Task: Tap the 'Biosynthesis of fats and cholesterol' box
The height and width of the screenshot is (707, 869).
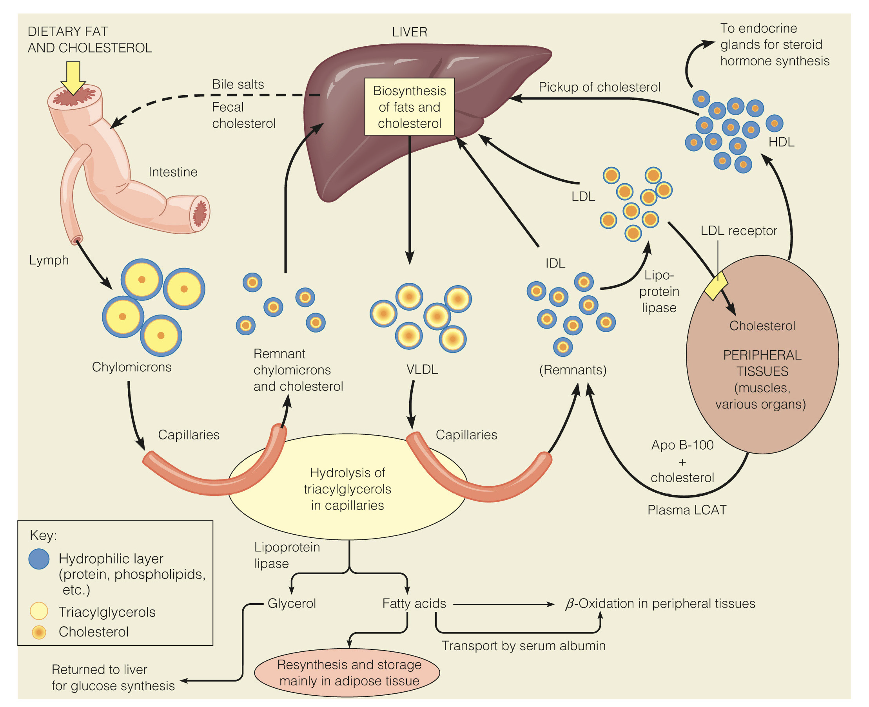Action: (x=409, y=107)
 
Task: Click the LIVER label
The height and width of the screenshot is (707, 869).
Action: (x=409, y=32)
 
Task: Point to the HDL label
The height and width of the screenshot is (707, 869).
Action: (x=781, y=142)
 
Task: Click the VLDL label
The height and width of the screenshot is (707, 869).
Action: (x=422, y=370)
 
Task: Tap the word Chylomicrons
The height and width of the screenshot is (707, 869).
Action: (x=132, y=367)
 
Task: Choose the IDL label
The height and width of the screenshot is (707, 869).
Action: (x=555, y=264)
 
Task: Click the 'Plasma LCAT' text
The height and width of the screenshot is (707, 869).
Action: (x=687, y=510)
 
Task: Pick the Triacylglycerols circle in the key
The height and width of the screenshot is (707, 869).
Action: (x=39, y=611)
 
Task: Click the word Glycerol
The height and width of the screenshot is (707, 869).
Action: (x=292, y=603)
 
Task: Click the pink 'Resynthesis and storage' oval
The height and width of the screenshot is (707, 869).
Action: (x=347, y=673)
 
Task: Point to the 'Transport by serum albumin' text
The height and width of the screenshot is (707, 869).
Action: (x=523, y=646)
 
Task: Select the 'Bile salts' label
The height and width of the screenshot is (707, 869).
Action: (x=238, y=84)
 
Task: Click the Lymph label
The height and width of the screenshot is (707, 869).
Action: (x=49, y=260)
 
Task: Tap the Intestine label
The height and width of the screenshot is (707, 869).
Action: (x=173, y=172)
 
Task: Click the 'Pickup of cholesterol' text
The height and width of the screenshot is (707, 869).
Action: (x=599, y=87)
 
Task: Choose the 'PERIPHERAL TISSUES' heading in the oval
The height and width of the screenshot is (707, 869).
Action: (x=762, y=363)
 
